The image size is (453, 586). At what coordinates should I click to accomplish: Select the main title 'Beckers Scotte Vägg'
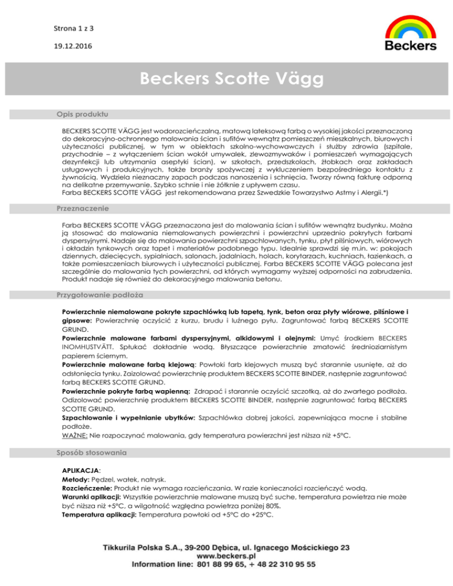click(226, 79)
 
